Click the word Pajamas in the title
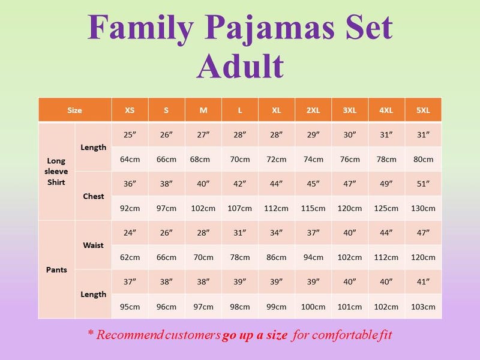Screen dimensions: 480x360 coord(269,28)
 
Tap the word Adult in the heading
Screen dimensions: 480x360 coord(241,66)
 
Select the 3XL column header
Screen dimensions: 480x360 coord(350,110)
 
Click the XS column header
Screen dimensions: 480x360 coord(130,110)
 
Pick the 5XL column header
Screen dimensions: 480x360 coord(423,110)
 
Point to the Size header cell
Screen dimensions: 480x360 coord(74,110)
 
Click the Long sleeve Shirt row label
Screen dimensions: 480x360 coord(56,172)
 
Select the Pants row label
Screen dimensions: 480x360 coord(56,269)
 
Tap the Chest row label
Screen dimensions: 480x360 coord(94,196)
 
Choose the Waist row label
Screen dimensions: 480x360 coord(94,245)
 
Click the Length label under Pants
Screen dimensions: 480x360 coord(94,295)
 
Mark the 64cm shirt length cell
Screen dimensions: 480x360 coord(130,160)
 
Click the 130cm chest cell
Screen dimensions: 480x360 coord(423,208)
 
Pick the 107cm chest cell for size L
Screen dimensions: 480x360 coord(239,208)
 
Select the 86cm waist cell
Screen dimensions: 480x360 coord(277,257)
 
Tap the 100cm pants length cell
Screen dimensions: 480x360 coord(313,307)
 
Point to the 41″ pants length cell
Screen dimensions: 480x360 coord(423,281)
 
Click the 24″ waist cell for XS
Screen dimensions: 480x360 coord(130,233)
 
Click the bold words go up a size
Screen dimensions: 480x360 coord(254,335)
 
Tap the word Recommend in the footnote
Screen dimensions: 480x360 coord(130,335)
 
